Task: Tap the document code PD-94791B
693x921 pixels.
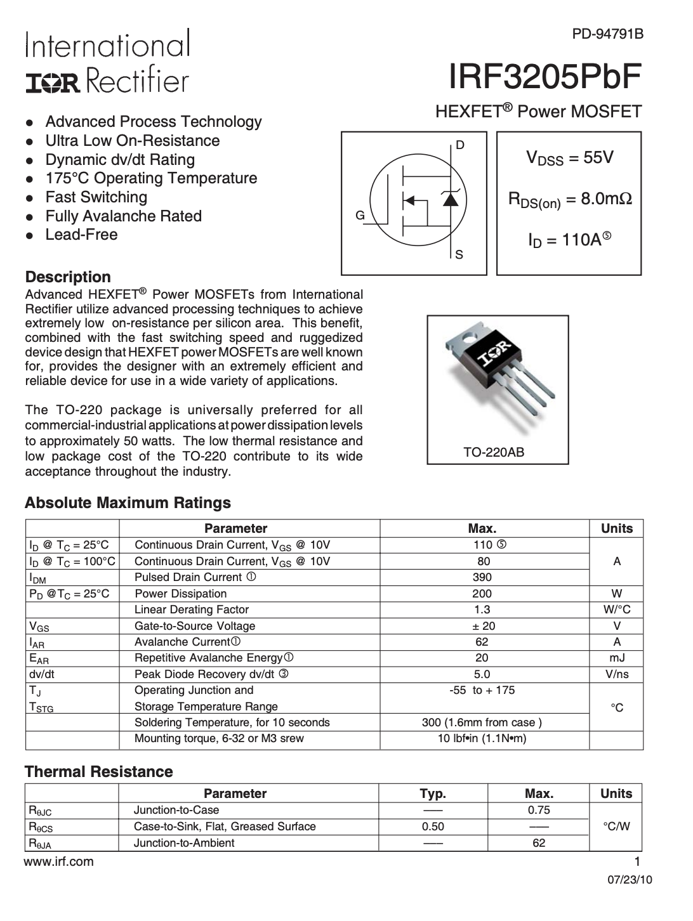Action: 607,34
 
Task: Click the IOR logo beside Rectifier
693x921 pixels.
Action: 53,82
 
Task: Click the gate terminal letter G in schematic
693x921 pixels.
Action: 359,216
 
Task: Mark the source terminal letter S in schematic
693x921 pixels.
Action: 459,255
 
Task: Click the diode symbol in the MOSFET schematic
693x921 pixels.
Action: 450,200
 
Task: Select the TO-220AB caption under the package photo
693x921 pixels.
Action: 494,453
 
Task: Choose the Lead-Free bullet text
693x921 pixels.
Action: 81,235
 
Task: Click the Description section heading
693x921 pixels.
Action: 68,277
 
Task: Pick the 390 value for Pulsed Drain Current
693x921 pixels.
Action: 482,577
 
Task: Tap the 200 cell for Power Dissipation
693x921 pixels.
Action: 482,594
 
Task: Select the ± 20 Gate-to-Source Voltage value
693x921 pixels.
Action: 482,626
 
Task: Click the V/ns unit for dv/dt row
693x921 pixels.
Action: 617,674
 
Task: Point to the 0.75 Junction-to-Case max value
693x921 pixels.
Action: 539,810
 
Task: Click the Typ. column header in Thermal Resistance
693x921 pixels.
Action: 433,794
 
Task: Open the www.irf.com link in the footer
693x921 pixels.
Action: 58,861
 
